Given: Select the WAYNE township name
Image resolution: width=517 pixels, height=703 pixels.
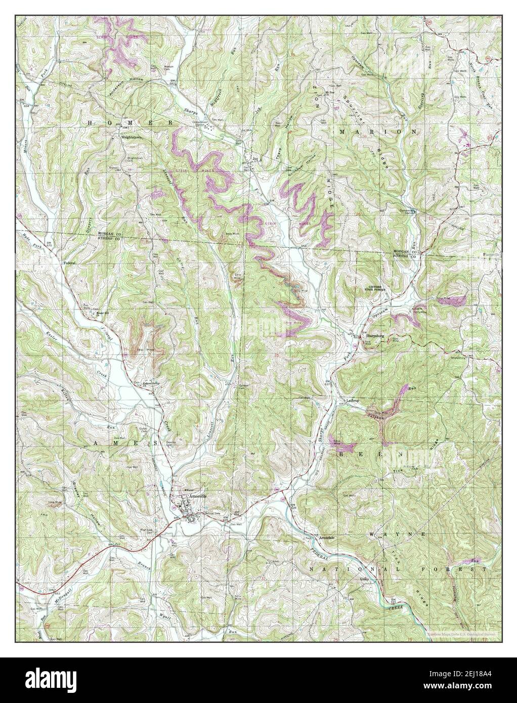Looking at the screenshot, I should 397,534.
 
